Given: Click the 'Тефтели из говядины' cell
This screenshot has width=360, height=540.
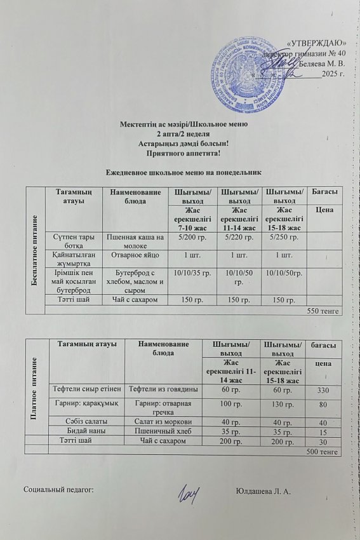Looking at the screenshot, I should pyautogui.click(x=164, y=389).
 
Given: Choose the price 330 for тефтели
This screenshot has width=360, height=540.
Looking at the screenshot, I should pyautogui.click(x=324, y=389).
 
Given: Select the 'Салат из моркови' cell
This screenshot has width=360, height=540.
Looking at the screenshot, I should pyautogui.click(x=164, y=421).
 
